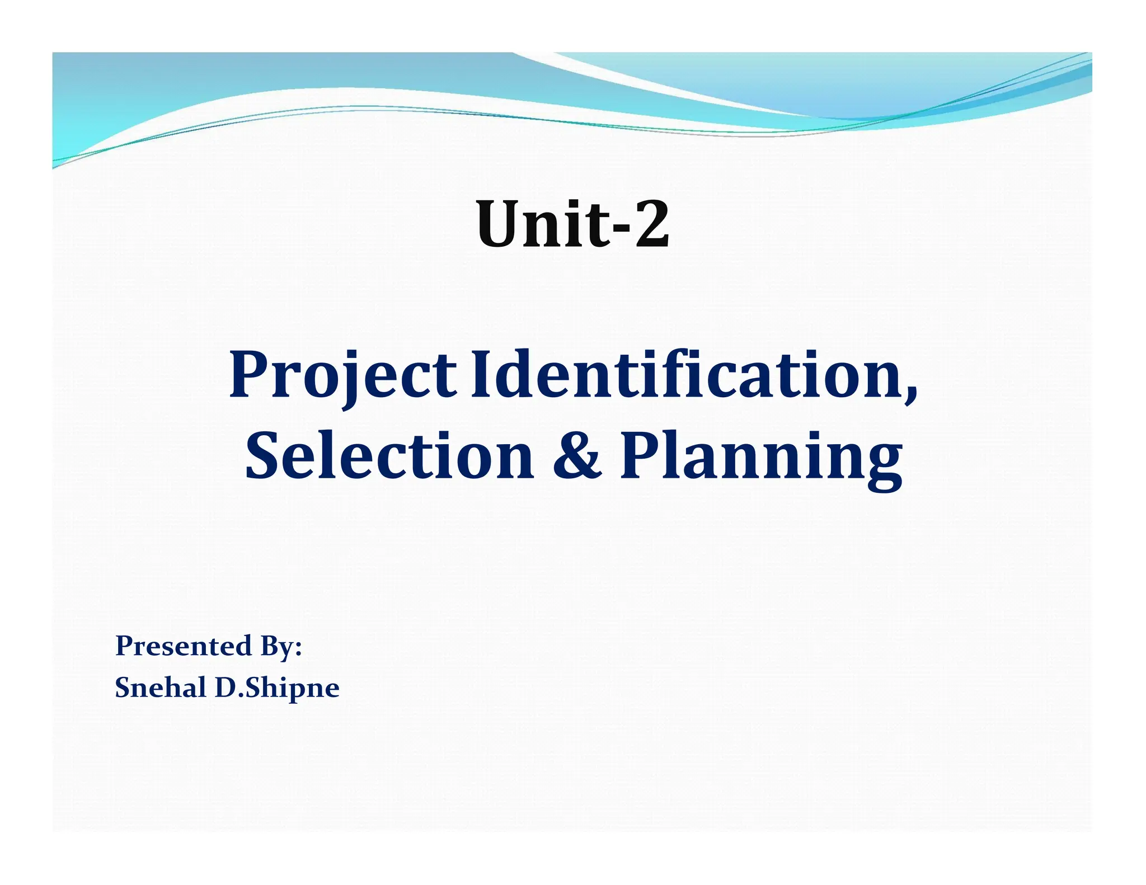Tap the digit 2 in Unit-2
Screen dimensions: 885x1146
tap(651, 225)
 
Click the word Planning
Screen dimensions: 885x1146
tap(761, 458)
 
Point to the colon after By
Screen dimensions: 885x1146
tap(298, 650)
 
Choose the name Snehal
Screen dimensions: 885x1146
tap(160, 688)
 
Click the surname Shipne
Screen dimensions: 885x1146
tap(292, 689)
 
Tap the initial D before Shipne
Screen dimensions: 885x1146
tap(226, 688)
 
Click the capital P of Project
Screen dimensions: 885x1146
tap(250, 374)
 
